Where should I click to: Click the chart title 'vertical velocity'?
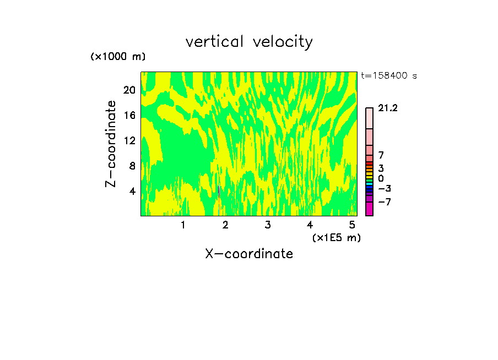(249, 42)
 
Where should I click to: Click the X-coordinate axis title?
(249, 254)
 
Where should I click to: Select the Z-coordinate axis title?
(111, 144)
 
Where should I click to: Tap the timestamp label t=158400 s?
(388, 75)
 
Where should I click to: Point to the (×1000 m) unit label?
(118, 57)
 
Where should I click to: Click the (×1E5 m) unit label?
(336, 237)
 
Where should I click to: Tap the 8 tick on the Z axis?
(133, 166)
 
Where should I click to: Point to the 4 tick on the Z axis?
(133, 191)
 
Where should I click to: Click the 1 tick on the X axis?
(183, 225)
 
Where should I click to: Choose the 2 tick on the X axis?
(225, 225)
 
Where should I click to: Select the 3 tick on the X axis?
(268, 225)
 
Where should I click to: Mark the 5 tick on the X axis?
(352, 225)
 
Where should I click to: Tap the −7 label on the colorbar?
(385, 202)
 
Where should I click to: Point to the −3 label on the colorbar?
(385, 189)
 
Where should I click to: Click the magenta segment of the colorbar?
(369, 209)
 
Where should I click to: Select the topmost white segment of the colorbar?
(369, 118)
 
